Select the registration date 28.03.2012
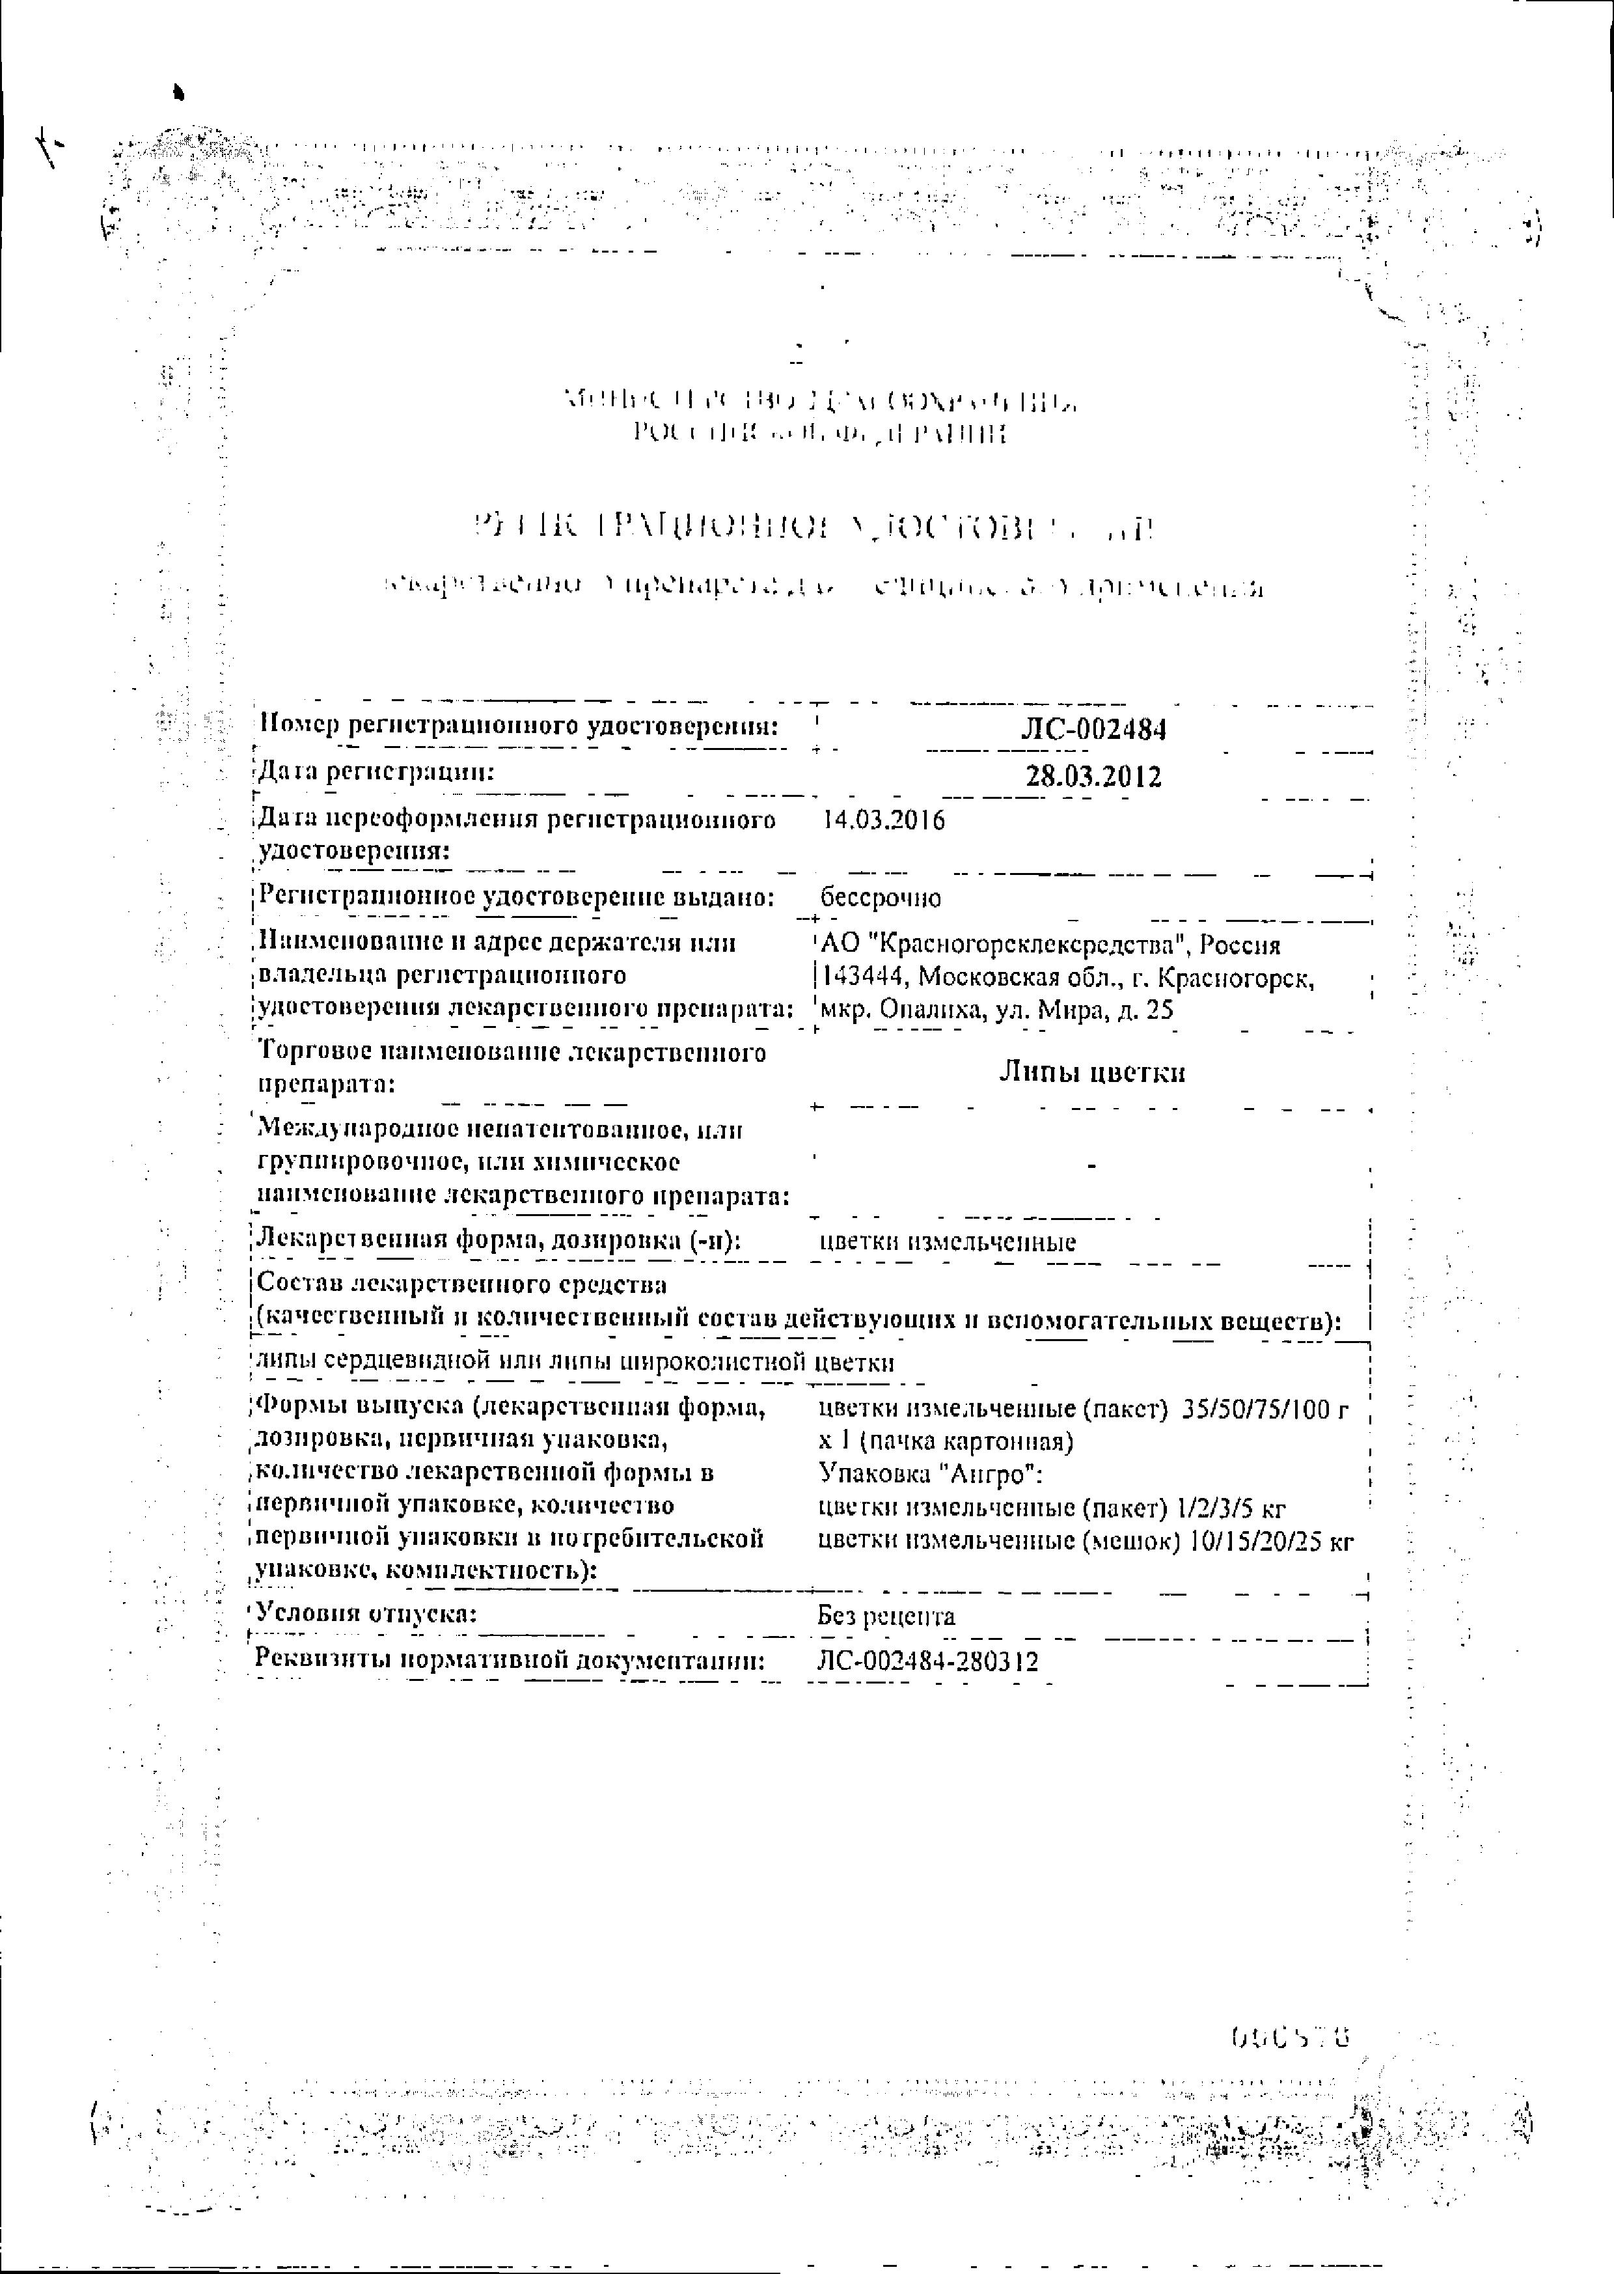tap(1093, 775)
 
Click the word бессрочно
tap(881, 898)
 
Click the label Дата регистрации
tap(376, 771)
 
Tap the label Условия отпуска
tap(366, 1615)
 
